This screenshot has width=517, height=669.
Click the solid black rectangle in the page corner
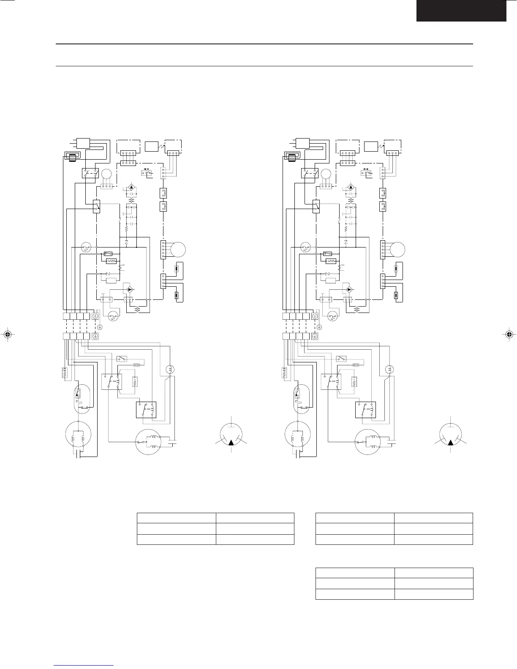pos(461,11)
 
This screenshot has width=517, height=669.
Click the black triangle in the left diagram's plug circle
pos(231,443)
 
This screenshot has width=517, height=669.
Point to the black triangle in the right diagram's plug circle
pos(451,443)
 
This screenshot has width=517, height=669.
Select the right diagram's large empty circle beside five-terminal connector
pos(397,249)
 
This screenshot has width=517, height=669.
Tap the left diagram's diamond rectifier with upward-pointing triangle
pos(131,187)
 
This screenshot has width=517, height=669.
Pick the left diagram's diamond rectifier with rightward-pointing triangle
pos(129,290)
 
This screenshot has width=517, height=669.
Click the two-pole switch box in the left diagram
pos(90,173)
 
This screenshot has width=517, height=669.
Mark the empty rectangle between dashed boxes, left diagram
pos(151,147)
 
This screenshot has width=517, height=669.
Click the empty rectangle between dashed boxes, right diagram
pos(371,147)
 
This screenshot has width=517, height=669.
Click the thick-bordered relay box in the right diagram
pos(365,409)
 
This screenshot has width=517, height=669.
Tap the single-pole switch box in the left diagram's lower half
pos(122,359)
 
